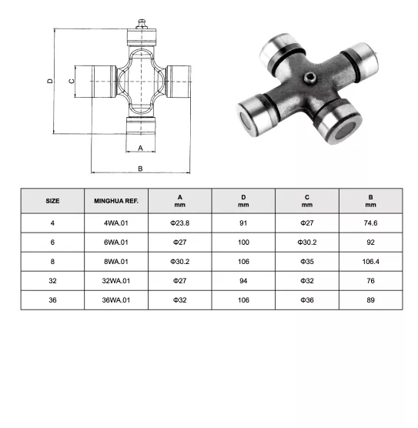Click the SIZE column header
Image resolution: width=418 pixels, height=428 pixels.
pyautogui.click(x=52, y=201)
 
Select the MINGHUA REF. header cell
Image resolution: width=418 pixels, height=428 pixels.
pyautogui.click(x=115, y=201)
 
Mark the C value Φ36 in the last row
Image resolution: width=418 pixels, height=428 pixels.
pyautogui.click(x=306, y=299)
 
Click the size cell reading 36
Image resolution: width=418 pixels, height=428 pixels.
pyautogui.click(x=52, y=299)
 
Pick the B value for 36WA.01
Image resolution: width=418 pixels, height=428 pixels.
pyautogui.click(x=370, y=299)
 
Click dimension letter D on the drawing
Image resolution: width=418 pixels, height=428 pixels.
pyautogui.click(x=48, y=80)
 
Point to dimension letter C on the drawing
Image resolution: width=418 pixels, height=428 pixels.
pyautogui.click(x=70, y=80)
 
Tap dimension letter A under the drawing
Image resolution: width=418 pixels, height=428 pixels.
pyautogui.click(x=140, y=146)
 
